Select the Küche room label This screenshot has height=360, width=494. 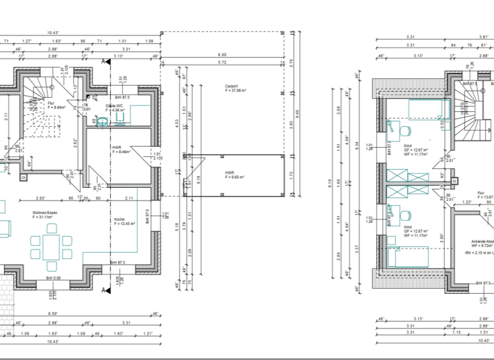(120, 221)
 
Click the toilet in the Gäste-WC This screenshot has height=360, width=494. (98, 120)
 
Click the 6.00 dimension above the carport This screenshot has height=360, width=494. (222, 55)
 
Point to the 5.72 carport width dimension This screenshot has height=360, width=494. (222, 62)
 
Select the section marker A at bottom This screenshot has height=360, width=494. (104, 291)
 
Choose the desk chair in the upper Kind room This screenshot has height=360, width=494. (405, 130)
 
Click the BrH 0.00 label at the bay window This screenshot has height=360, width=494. (53, 278)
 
